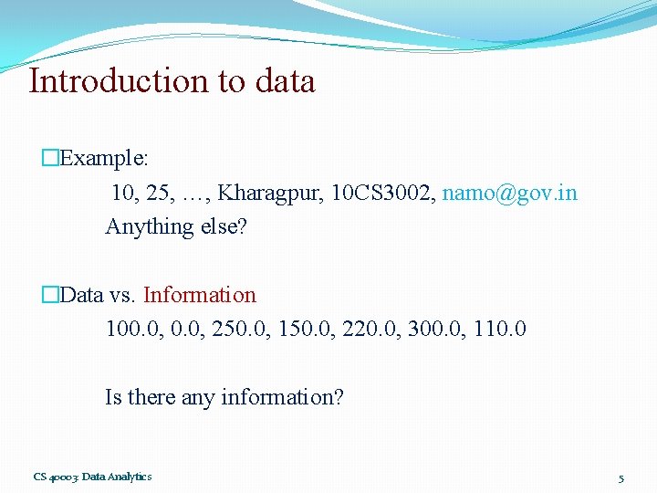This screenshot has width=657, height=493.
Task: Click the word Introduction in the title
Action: click(x=119, y=80)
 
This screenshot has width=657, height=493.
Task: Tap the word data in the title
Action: click(x=285, y=80)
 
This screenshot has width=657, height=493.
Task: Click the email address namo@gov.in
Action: click(x=509, y=193)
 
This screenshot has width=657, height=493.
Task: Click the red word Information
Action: click(x=200, y=295)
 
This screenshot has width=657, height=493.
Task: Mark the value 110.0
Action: click(x=499, y=328)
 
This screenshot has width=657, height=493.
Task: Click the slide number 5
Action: click(x=620, y=478)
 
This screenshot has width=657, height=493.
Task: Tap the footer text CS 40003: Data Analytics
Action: click(x=92, y=477)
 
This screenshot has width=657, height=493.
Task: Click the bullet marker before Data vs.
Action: click(x=49, y=295)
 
